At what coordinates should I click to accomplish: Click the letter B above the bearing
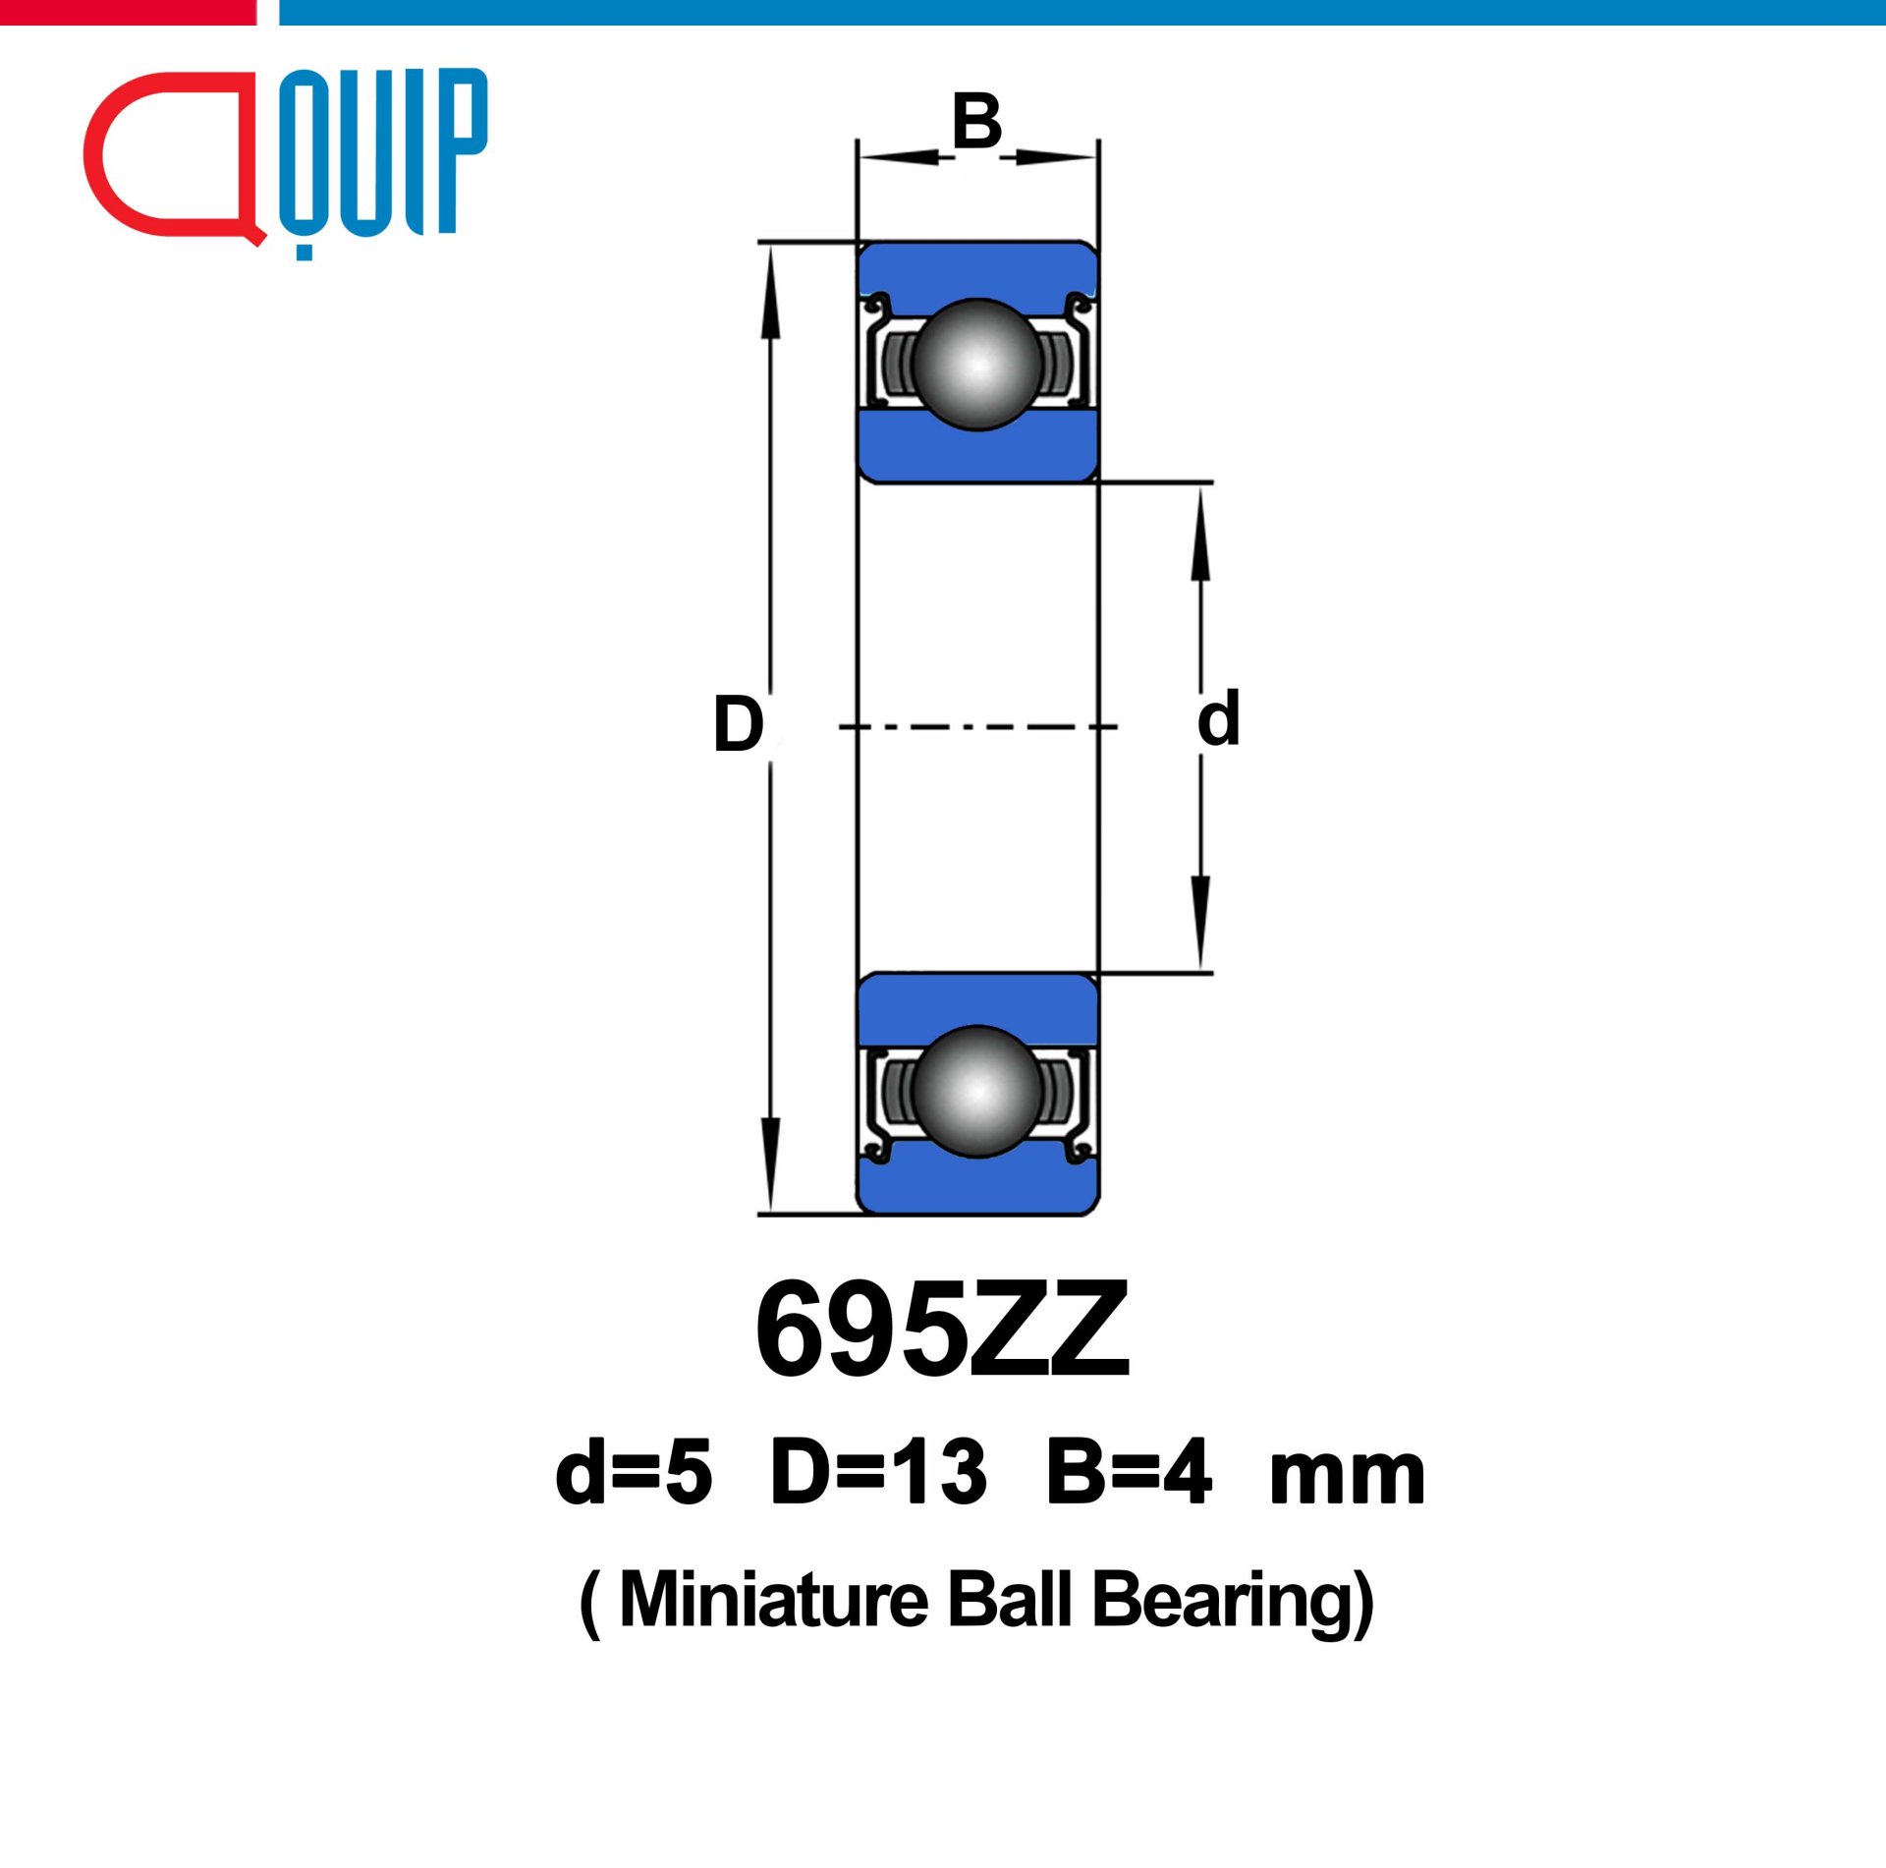coord(976,122)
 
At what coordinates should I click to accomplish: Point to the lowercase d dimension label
coord(1218,718)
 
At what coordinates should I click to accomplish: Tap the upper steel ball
coord(976,365)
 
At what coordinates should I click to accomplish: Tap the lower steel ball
coord(976,1091)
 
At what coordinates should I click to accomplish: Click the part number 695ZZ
coord(943,1330)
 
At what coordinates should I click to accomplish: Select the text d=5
coord(634,1472)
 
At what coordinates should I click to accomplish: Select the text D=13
coord(878,1472)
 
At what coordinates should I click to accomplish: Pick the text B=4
coord(1129,1472)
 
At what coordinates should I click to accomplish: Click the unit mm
coord(1347,1476)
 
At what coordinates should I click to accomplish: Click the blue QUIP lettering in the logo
coord(383,152)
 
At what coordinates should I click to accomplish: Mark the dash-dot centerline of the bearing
coord(976,727)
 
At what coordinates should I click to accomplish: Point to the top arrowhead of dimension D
coord(771,290)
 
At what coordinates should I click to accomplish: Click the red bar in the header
coord(128,12)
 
